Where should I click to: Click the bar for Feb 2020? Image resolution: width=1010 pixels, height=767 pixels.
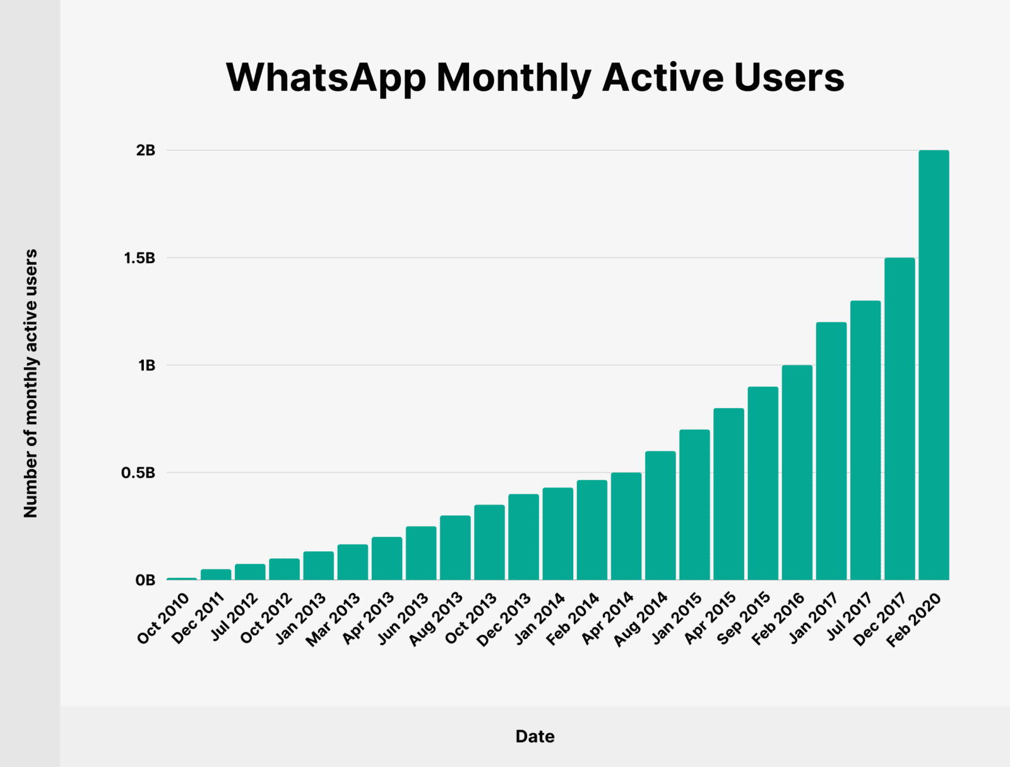[934, 365]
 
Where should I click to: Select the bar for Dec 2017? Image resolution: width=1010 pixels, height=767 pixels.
[900, 419]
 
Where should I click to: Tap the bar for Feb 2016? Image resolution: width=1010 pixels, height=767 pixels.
[797, 472]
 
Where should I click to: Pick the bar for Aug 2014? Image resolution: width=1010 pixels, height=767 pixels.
[660, 515]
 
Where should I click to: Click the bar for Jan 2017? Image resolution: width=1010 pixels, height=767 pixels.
[831, 451]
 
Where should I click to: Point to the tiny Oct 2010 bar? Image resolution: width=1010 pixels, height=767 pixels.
[182, 578]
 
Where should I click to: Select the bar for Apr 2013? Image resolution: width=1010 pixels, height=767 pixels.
[387, 558]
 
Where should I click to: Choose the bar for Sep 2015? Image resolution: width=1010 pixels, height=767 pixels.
[763, 483]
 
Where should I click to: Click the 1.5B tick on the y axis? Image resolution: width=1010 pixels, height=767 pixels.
[140, 258]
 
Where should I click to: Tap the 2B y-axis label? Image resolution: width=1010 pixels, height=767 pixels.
[145, 150]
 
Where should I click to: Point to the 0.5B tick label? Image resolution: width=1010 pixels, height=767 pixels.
[138, 472]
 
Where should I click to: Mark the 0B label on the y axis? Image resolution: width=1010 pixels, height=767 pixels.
[145, 580]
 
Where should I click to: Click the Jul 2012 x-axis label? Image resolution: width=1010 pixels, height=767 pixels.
[235, 616]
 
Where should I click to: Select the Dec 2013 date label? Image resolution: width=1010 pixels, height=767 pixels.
[504, 620]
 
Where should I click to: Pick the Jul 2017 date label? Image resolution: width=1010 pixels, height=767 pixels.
[850, 616]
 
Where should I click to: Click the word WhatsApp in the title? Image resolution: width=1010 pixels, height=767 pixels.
[326, 78]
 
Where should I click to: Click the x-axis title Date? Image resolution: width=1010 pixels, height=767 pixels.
[535, 736]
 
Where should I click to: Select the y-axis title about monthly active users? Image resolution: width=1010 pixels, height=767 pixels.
[30, 384]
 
